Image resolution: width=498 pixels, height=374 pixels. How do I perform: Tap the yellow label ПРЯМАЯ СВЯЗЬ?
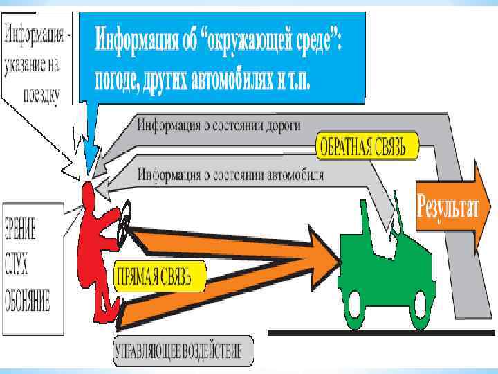click(x=160, y=276)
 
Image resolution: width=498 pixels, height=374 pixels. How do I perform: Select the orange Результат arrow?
click(x=447, y=207)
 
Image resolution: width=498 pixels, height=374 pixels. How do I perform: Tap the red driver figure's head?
click(x=89, y=193)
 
